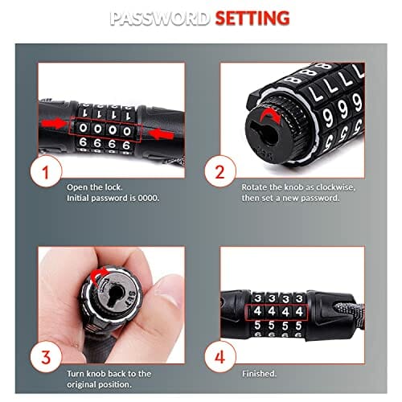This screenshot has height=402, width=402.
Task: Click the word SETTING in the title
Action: click(252, 18)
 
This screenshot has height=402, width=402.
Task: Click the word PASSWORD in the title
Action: click(159, 18)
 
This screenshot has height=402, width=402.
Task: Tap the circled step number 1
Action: click(46, 171)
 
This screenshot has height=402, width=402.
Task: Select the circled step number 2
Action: click(220, 171)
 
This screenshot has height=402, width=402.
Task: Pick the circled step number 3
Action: click(46, 357)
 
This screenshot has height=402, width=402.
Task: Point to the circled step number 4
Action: click(220, 357)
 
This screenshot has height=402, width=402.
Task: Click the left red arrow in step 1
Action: click(54, 124)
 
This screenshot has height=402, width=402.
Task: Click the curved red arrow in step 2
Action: click(271, 115)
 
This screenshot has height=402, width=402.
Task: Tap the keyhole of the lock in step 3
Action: click(116, 296)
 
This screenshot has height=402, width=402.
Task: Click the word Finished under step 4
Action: click(259, 373)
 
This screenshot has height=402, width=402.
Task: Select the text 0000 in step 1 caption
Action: click(148, 198)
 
